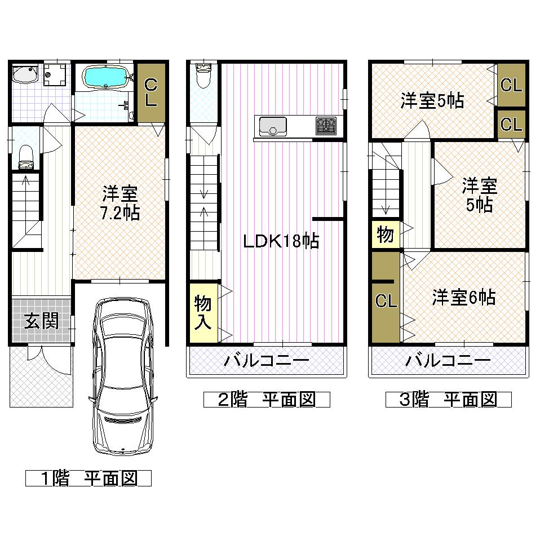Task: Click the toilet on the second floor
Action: click(x=203, y=75)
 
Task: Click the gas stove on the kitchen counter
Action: click(x=326, y=125)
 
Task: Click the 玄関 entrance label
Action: click(x=41, y=321)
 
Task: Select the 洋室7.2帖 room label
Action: click(x=121, y=204)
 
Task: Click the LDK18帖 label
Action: click(x=281, y=241)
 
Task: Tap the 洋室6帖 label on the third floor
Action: click(x=464, y=297)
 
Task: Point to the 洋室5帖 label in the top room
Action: click(x=432, y=100)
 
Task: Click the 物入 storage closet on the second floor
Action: click(x=203, y=312)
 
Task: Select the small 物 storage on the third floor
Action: click(x=386, y=234)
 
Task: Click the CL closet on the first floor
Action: click(x=151, y=92)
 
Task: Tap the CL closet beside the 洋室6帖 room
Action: click(x=386, y=300)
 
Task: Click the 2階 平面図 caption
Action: click(x=266, y=400)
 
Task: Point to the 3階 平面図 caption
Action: click(x=448, y=400)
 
